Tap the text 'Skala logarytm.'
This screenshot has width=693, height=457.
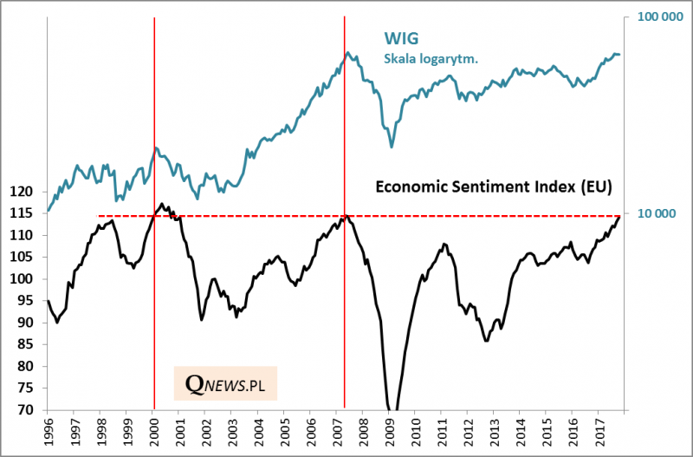[431, 59]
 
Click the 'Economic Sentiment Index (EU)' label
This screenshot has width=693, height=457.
[492, 186]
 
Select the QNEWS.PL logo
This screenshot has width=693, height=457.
[225, 382]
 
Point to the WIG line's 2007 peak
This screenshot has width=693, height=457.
[347, 52]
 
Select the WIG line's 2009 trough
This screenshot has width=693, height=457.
[392, 147]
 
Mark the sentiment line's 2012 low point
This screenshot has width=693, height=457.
[486, 340]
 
